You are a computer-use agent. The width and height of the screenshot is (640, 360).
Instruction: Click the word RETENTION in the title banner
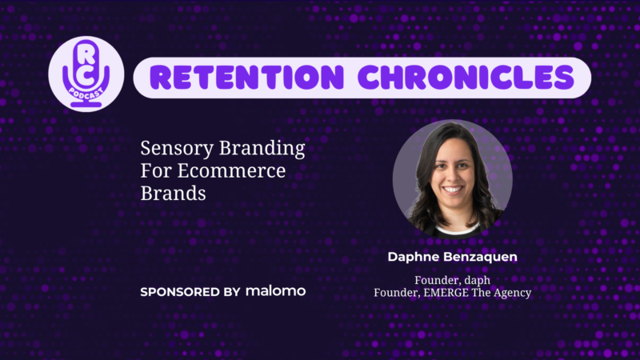pos(246,77)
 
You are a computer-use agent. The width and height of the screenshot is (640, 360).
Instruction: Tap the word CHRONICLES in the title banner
pos(466,77)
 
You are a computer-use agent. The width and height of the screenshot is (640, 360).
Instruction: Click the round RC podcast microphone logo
pos(86,74)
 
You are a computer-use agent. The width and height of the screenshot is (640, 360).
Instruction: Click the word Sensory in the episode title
pos(177,149)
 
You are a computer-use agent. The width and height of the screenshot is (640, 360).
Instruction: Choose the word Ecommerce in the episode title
pos(231,170)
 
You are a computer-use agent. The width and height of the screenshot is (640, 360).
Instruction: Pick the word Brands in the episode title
pos(173,193)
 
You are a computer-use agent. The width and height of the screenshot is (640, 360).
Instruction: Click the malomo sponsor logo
pos(275,291)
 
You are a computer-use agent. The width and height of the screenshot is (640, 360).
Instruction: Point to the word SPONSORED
pos(180,292)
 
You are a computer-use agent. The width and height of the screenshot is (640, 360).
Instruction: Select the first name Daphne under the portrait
pos(414,257)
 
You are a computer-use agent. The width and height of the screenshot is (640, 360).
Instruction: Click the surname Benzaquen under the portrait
pos(480,257)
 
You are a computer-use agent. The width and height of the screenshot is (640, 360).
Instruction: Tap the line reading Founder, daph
pos(452,281)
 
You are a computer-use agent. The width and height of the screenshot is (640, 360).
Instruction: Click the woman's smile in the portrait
pos(452,190)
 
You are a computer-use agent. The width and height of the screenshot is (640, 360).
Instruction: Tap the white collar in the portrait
pos(457,230)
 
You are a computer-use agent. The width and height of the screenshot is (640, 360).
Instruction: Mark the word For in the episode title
pos(155,170)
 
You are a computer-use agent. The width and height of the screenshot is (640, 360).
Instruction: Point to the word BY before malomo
pos(232,292)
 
